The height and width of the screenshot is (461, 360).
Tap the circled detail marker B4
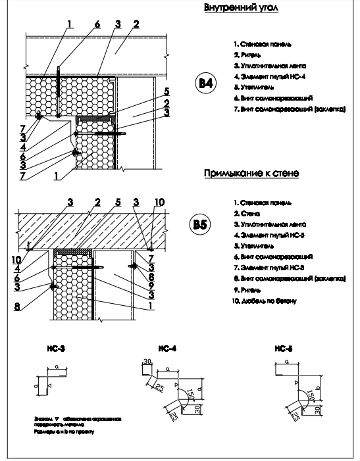[x=206, y=84]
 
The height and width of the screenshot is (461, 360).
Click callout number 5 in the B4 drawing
[x=168, y=91]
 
